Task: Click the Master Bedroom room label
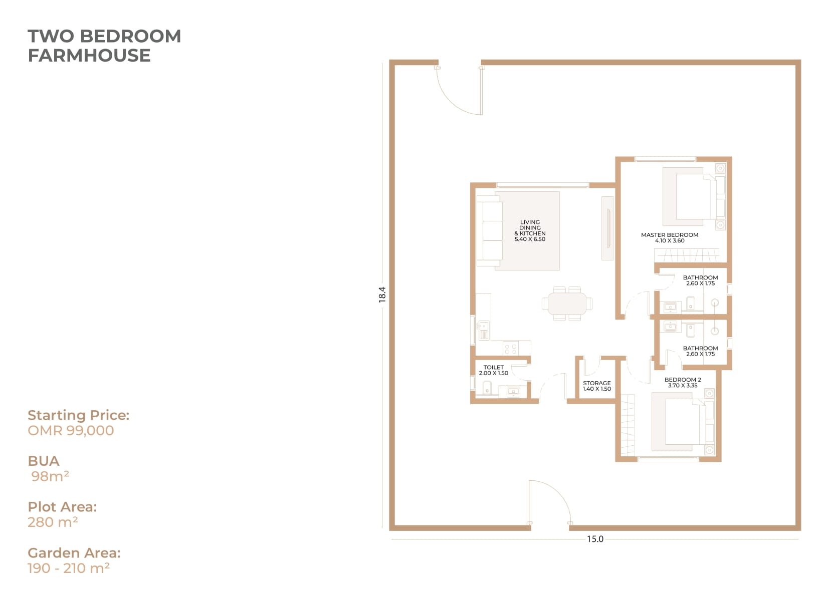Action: click(670, 238)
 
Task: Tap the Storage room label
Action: click(597, 386)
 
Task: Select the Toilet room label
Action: click(493, 370)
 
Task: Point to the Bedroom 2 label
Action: click(683, 382)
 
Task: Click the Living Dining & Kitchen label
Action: click(530, 231)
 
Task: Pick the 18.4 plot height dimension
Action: click(382, 294)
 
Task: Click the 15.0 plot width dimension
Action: click(595, 539)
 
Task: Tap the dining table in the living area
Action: click(567, 304)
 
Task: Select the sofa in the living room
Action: click(489, 231)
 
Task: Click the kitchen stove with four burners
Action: click(511, 348)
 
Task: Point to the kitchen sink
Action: click(483, 331)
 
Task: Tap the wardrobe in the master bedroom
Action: click(687, 255)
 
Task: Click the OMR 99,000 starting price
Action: click(71, 431)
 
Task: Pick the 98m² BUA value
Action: click(50, 477)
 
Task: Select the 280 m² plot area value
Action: click(53, 522)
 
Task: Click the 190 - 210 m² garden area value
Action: click(69, 568)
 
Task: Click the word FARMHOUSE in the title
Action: click(89, 56)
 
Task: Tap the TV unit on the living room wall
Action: click(607, 228)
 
